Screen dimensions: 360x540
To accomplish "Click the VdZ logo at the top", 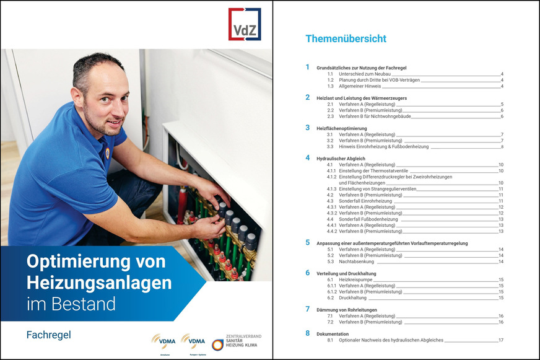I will (x=245, y=24).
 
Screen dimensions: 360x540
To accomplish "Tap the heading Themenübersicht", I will (x=346, y=38).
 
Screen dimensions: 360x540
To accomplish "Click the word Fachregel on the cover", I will (x=48, y=335).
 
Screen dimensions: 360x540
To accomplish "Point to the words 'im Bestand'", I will (x=71, y=304).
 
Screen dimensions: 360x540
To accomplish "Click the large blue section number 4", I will (x=307, y=158).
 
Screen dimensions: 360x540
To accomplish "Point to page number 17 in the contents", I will (x=500, y=340).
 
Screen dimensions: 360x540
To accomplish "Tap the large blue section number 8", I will (x=307, y=333).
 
